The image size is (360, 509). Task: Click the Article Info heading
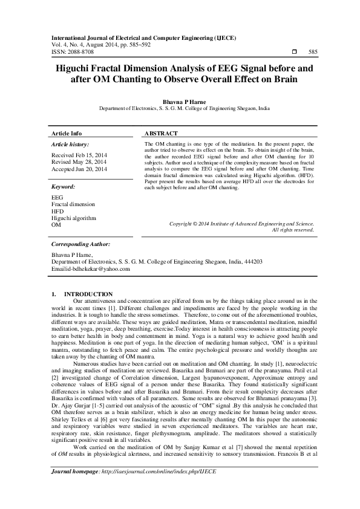67,133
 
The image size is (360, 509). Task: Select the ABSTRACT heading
162,133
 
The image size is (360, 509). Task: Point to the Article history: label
70,144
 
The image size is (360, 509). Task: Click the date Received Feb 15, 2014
79,155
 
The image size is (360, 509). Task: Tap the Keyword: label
63,187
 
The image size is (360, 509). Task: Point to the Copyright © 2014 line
242,224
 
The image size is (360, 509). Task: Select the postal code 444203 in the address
250,262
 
